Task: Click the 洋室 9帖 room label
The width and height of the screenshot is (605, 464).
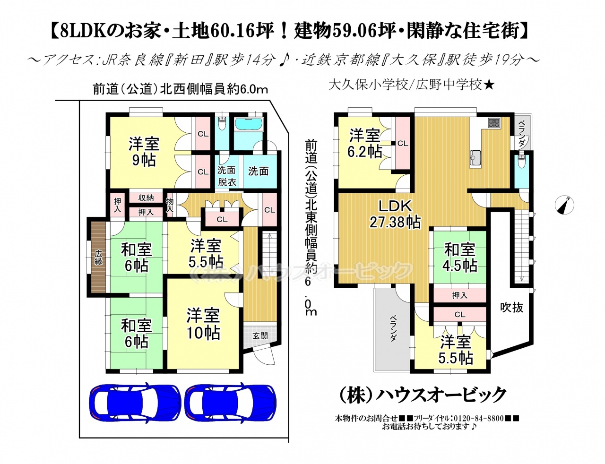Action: pyautogui.click(x=144, y=152)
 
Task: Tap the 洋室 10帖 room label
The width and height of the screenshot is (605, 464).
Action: pyautogui.click(x=203, y=324)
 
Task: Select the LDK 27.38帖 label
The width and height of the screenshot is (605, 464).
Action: pyautogui.click(x=395, y=214)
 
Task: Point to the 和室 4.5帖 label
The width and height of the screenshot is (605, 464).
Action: pyautogui.click(x=460, y=258)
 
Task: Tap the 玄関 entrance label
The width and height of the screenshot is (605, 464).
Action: pyautogui.click(x=260, y=335)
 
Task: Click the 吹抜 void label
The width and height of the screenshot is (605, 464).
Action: pyautogui.click(x=512, y=308)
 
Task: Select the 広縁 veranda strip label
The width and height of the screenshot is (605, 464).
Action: pyautogui.click(x=98, y=258)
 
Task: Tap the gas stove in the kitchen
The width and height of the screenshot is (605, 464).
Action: pyautogui.click(x=493, y=123)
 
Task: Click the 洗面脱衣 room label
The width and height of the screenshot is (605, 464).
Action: pyautogui.click(x=227, y=176)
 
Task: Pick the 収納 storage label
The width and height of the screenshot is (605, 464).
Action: pyautogui.click(x=146, y=198)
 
